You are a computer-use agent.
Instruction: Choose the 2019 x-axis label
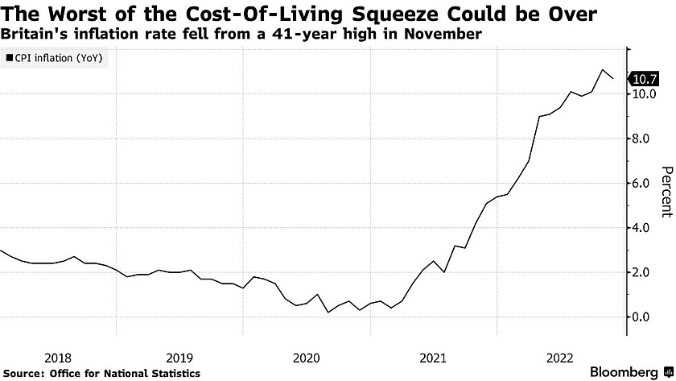(x=179, y=356)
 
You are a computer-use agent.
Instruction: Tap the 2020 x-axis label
(x=307, y=356)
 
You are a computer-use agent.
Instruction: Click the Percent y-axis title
(x=666, y=192)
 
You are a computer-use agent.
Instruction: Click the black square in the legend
(x=9, y=58)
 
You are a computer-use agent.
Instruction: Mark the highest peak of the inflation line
(x=602, y=70)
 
